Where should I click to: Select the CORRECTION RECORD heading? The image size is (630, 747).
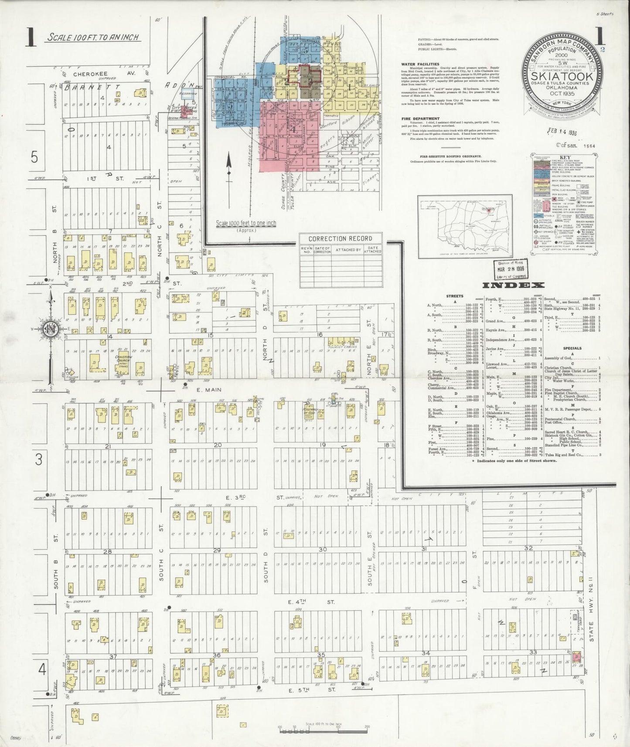tap(340, 238)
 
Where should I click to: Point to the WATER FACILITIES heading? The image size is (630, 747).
tap(420, 64)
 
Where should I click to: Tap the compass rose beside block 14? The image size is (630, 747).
tap(51, 329)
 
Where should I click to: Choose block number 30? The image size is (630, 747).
tap(322, 549)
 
